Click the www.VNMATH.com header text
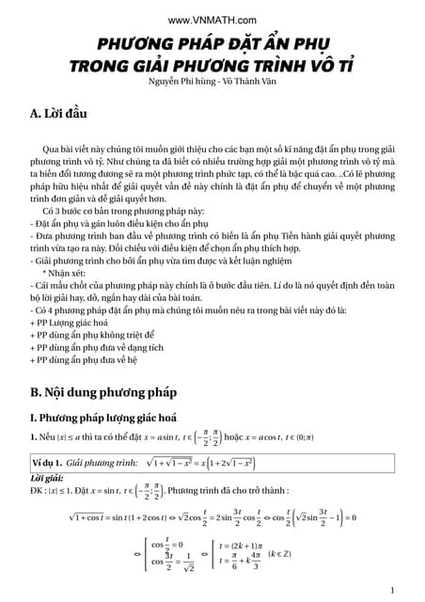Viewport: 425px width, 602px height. pos(212,20)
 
